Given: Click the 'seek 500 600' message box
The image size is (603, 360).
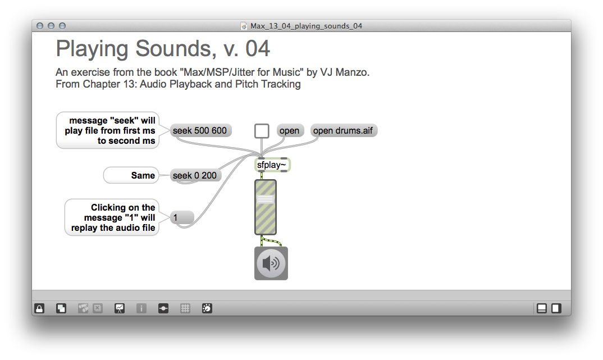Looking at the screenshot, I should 200,131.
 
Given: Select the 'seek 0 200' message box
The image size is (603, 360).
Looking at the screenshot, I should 195,176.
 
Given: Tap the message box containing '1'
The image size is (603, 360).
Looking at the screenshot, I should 181,217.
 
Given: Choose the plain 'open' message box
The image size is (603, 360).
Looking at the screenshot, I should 290,131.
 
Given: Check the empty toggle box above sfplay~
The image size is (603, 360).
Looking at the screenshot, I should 262,131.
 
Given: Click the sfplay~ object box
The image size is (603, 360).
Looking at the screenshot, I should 272,165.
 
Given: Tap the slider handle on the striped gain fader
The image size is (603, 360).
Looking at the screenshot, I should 266,199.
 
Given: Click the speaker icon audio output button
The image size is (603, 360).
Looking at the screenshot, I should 271,263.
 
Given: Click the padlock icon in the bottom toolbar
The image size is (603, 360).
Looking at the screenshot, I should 39,308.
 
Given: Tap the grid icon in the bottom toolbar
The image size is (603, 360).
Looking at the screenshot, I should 185,308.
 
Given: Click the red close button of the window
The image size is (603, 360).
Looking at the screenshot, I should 40,26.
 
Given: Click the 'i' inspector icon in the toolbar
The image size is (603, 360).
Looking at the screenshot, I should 141,308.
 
